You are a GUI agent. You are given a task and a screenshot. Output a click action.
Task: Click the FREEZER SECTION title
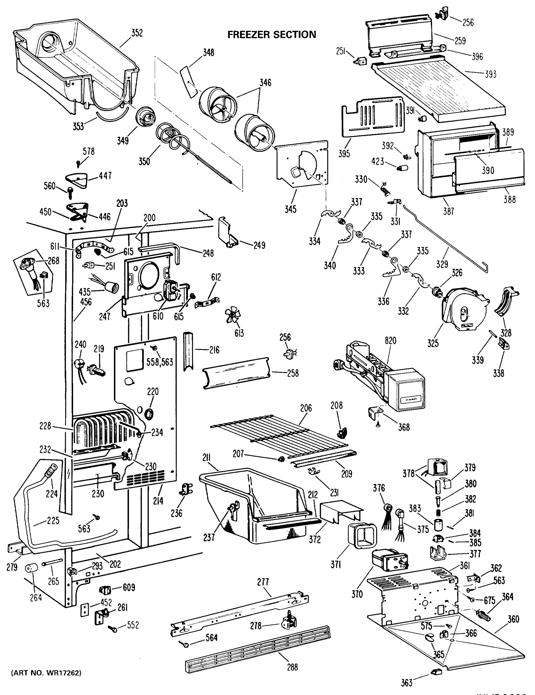(272, 34)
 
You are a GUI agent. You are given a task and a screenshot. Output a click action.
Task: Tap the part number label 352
(137, 33)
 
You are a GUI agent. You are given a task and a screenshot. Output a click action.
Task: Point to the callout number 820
(390, 341)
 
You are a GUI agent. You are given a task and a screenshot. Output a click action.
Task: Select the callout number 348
(209, 52)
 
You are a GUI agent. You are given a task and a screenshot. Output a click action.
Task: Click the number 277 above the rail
(263, 582)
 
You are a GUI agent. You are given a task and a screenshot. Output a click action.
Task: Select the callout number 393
(490, 74)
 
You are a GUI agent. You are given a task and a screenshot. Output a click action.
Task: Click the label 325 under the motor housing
(433, 343)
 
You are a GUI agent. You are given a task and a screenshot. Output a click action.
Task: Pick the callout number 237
(209, 537)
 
